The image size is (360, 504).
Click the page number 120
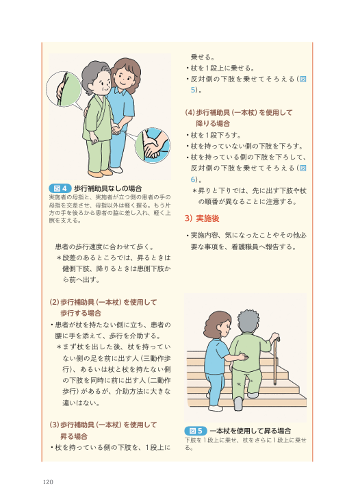click(x=48, y=482)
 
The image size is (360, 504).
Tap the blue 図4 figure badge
click(x=60, y=188)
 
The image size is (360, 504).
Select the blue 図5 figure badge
click(x=195, y=431)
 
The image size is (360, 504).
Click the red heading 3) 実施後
click(x=202, y=218)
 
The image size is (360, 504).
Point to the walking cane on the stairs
click(x=275, y=360)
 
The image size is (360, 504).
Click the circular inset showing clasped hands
click(x=152, y=145)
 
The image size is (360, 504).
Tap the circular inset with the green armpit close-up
click(x=64, y=89)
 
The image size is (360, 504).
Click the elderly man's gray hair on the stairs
click(x=249, y=321)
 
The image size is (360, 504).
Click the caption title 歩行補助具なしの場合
click(x=108, y=188)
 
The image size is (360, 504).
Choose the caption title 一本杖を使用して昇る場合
click(x=250, y=431)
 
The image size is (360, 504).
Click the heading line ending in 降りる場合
click(x=213, y=124)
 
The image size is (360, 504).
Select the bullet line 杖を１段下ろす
click(x=214, y=135)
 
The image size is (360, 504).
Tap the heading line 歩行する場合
click(x=81, y=314)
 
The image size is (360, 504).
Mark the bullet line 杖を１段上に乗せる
click(x=220, y=68)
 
